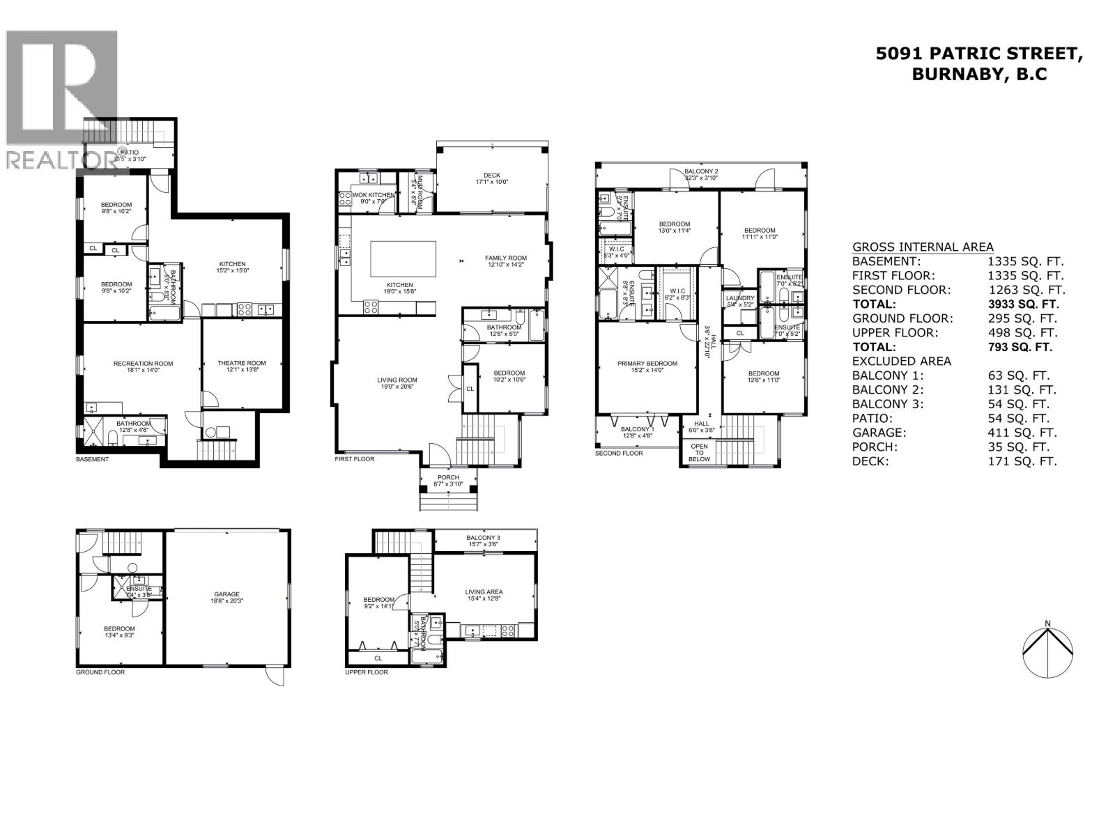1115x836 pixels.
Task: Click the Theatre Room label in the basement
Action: point(241,363)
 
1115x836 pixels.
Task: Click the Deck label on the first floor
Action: point(492,176)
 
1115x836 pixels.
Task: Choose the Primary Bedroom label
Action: point(647,363)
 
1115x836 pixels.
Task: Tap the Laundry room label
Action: point(740,298)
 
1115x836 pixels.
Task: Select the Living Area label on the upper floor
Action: point(484,592)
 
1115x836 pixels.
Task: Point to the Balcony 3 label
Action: point(484,538)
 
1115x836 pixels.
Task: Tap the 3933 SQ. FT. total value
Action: point(1022,304)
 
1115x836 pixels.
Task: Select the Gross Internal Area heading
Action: point(923,247)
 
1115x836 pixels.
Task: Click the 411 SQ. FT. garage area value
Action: point(1022,433)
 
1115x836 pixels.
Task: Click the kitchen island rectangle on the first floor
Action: point(403,258)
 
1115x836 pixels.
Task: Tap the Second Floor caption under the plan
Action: point(619,454)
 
